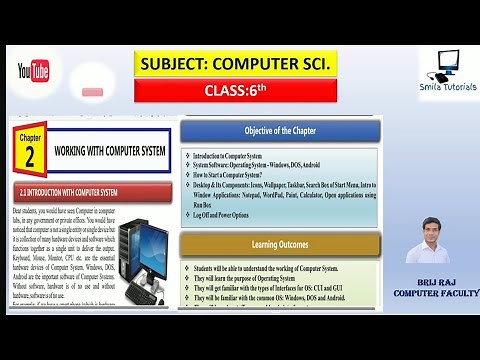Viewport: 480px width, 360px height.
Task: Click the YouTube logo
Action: pyautogui.click(x=33, y=71)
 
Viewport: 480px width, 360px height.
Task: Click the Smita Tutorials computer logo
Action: pyautogui.click(x=445, y=65)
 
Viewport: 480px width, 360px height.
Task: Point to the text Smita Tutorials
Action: pyautogui.click(x=447, y=87)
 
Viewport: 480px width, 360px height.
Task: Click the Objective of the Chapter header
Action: pyautogui.click(x=280, y=131)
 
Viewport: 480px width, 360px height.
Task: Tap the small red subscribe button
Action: pyautogui.click(x=93, y=92)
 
